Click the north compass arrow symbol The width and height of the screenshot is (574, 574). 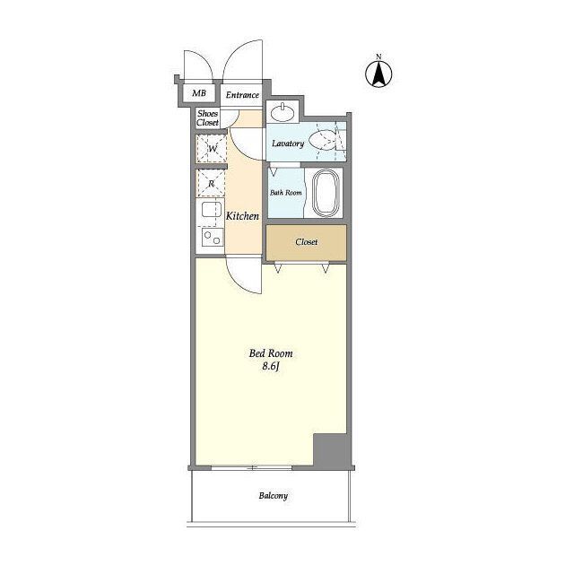pyautogui.click(x=378, y=73)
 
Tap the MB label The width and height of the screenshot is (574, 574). pyautogui.click(x=199, y=93)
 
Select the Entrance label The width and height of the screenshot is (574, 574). pyautogui.click(x=242, y=95)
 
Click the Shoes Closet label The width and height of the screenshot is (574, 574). pyautogui.click(x=207, y=117)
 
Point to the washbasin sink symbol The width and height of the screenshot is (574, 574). pyautogui.click(x=283, y=112)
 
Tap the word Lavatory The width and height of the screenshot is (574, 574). pyautogui.click(x=288, y=143)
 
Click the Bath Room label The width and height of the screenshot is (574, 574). pyautogui.click(x=286, y=192)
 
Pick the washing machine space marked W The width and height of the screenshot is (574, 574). pyautogui.click(x=212, y=148)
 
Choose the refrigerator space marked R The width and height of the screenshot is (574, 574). pyautogui.click(x=211, y=183)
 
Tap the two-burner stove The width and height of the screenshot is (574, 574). pyautogui.click(x=212, y=237)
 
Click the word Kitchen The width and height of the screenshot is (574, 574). pyautogui.click(x=242, y=216)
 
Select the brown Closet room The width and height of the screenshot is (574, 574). pyautogui.click(x=306, y=243)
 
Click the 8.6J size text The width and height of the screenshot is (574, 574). pyautogui.click(x=271, y=367)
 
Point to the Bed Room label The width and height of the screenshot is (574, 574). pyautogui.click(x=271, y=353)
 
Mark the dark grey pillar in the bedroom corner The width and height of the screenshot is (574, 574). pyautogui.click(x=331, y=450)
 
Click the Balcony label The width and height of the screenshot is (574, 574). pyautogui.click(x=273, y=496)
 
